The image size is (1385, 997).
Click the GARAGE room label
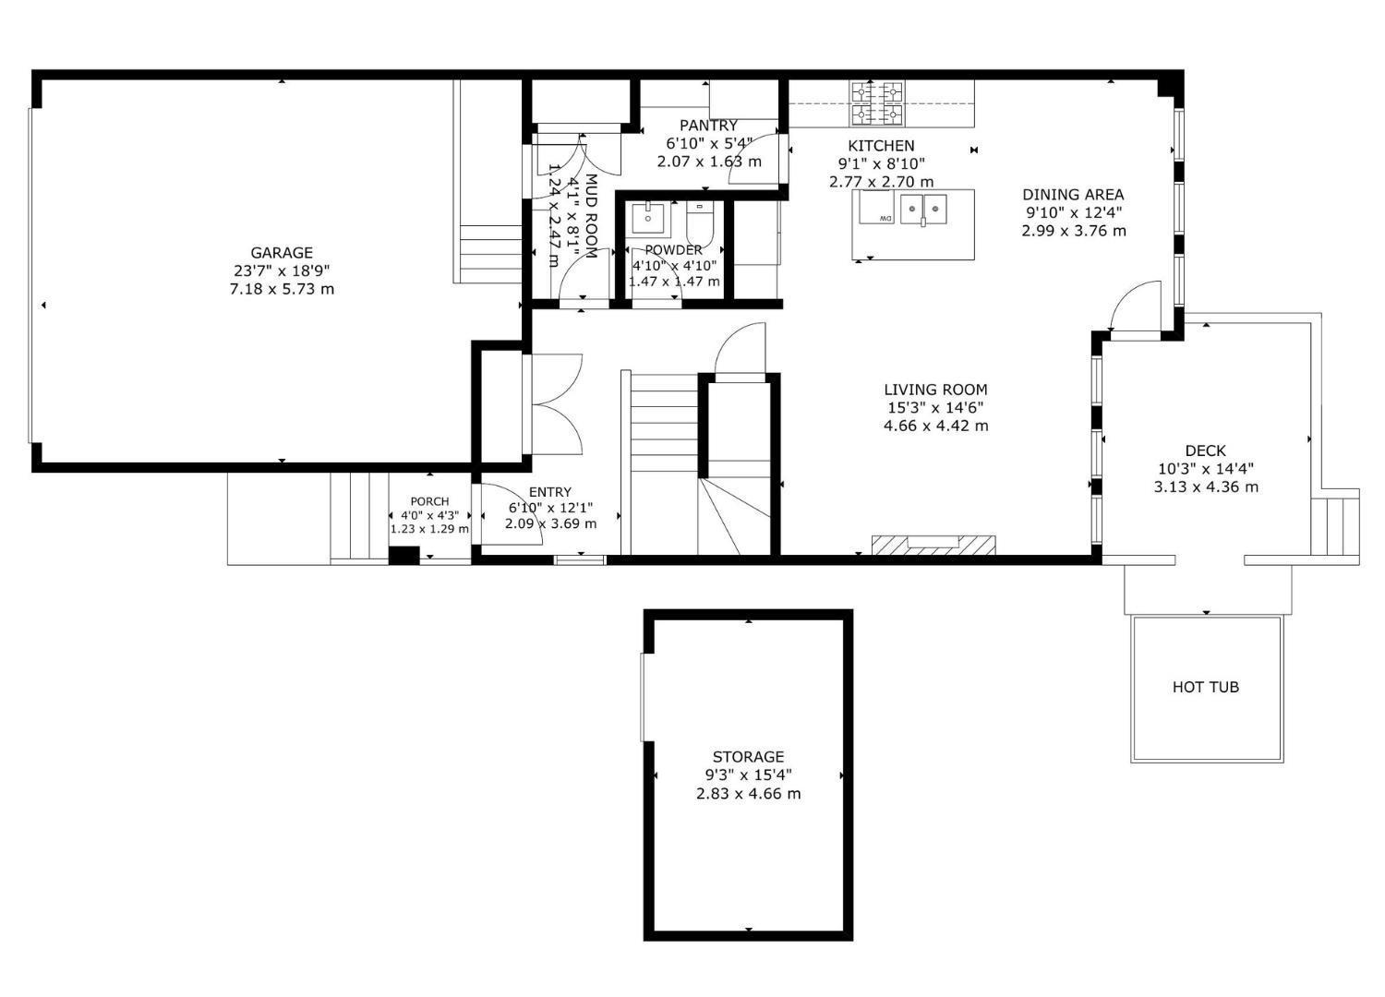282,253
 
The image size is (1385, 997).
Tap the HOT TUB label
1205,687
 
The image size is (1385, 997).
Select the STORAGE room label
748,757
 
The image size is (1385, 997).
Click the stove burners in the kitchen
877,103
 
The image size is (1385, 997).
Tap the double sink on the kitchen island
924,208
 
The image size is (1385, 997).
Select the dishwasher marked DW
877,209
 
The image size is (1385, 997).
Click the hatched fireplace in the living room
933,544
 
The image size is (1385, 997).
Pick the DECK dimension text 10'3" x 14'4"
1205,469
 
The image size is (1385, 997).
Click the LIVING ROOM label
935,390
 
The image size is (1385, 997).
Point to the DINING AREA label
1073,195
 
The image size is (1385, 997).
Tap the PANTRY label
708,126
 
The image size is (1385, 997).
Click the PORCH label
429,501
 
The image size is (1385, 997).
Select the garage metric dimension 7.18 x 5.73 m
282,289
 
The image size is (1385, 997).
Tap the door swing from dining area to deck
1134,308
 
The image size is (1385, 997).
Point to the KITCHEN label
881,146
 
